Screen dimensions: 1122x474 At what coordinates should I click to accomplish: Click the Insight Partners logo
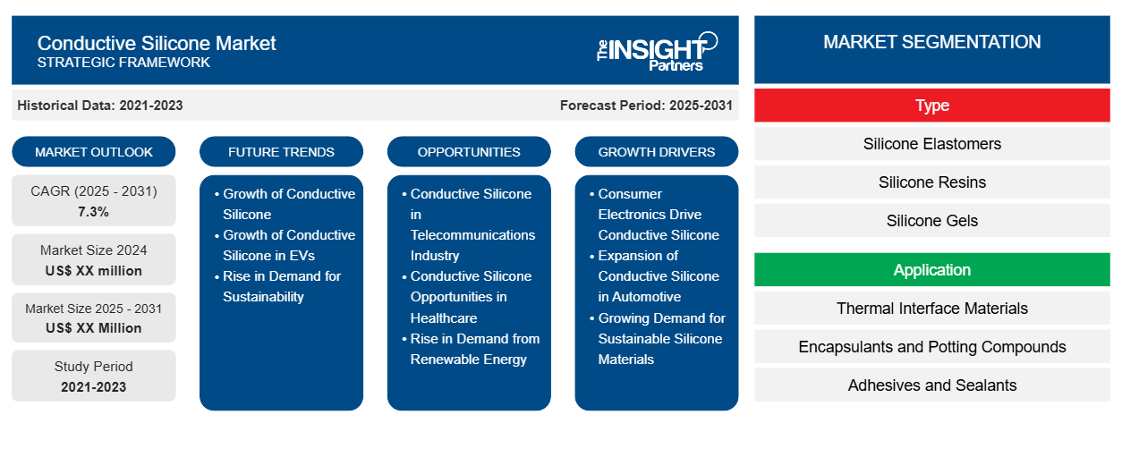point(657,51)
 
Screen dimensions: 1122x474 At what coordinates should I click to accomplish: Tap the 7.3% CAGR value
point(93,212)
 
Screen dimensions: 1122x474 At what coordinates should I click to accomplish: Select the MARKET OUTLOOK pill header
point(94,152)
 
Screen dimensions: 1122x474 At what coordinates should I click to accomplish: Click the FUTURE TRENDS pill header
point(281,152)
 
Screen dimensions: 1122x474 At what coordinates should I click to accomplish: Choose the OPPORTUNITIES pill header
point(469,152)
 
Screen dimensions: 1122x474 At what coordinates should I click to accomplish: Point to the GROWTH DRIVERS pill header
point(656,152)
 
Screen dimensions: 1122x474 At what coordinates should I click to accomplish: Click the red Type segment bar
point(932,106)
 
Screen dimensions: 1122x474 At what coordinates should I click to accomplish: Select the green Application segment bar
point(932,270)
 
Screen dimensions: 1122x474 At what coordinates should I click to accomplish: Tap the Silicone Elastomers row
point(932,144)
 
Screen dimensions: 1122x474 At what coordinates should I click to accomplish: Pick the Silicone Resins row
point(932,182)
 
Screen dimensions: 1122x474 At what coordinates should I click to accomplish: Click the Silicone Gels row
point(932,220)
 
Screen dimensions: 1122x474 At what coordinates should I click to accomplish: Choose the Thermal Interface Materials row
point(932,309)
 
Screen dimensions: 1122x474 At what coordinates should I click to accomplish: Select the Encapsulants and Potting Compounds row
point(932,346)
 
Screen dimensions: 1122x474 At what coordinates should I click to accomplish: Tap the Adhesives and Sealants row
point(932,385)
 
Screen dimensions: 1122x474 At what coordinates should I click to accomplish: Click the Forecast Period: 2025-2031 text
point(646,106)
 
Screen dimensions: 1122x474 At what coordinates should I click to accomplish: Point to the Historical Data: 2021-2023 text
point(100,106)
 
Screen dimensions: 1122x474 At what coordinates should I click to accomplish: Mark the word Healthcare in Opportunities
point(444,317)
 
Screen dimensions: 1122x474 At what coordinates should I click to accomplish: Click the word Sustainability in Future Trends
point(263,297)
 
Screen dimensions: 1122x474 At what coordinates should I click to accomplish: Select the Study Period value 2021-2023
point(94,387)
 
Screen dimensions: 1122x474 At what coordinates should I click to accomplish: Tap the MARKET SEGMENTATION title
point(932,42)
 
